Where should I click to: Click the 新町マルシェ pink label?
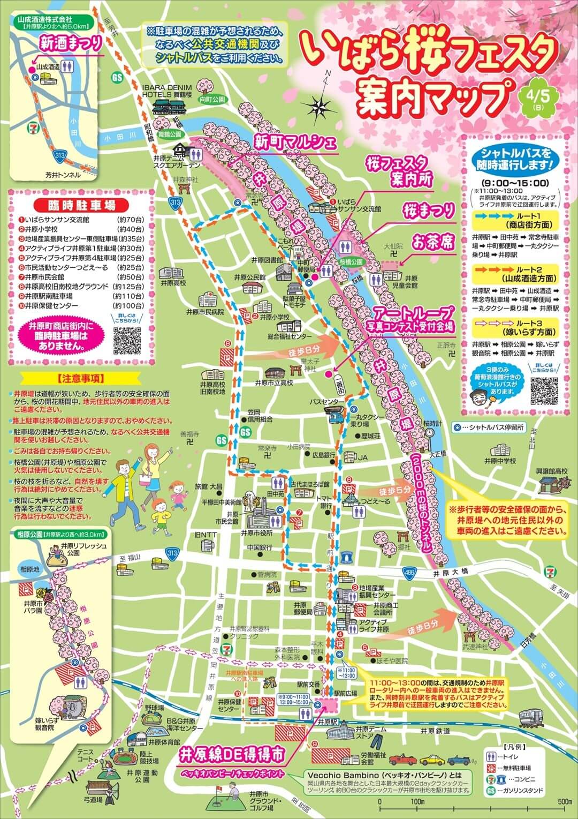pyautogui.click(x=295, y=142)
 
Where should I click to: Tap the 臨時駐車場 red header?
pyautogui.click(x=74, y=205)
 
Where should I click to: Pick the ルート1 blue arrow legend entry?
pyautogui.click(x=515, y=220)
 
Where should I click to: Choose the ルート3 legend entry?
pyautogui.click(x=515, y=328)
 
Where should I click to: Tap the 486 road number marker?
pyautogui.click(x=409, y=573)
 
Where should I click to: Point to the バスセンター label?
pyautogui.click(x=327, y=402)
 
